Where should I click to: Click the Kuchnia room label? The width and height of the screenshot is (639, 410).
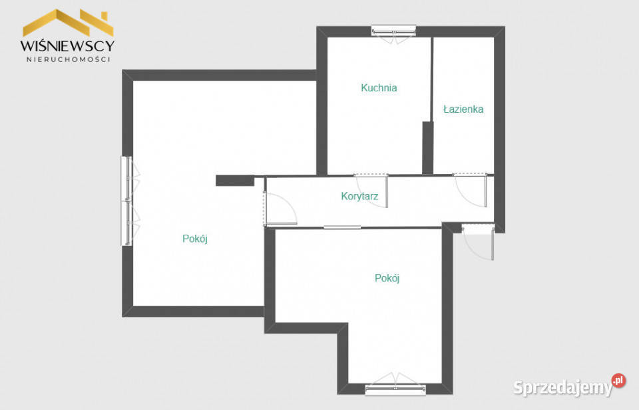point(379,88)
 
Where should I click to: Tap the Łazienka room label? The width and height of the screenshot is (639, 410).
point(463,109)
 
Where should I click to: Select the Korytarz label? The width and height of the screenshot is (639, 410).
point(359,196)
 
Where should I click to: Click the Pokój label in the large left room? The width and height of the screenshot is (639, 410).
point(195,239)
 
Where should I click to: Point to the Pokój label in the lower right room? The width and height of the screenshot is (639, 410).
point(387,278)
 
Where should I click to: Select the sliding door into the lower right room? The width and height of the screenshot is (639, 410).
point(342,227)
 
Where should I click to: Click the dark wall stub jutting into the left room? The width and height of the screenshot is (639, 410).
point(235,181)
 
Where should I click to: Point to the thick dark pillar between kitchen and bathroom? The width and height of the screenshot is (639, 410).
point(427,148)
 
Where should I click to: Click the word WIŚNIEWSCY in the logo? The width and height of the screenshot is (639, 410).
point(68,45)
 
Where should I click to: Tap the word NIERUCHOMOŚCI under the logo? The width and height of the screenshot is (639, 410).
point(68,59)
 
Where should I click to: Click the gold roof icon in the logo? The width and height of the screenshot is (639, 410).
point(68,23)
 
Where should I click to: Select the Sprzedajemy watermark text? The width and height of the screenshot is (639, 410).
point(563,387)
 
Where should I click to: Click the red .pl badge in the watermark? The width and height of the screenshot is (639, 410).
point(618,381)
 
